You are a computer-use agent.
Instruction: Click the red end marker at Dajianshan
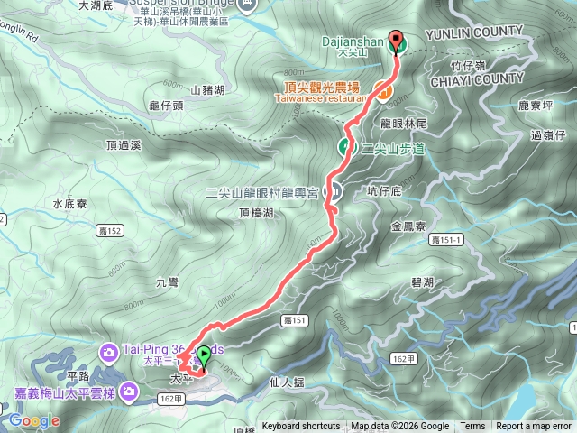(395, 40)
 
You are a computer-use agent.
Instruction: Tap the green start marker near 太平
(204, 355)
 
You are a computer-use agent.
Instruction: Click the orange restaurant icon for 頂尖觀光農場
(382, 90)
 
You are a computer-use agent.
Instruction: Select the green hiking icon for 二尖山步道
(345, 146)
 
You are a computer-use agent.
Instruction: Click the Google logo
(34, 420)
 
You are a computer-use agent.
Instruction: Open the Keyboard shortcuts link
(301, 427)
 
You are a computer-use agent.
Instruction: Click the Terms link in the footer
(472, 427)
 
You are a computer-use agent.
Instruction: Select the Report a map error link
(534, 427)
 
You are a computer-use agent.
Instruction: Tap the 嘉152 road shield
(109, 231)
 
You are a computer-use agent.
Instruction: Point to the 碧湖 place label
(422, 283)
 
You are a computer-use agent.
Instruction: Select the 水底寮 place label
(68, 204)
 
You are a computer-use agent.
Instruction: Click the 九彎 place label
(167, 282)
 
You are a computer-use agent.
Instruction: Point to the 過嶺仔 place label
(548, 135)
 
